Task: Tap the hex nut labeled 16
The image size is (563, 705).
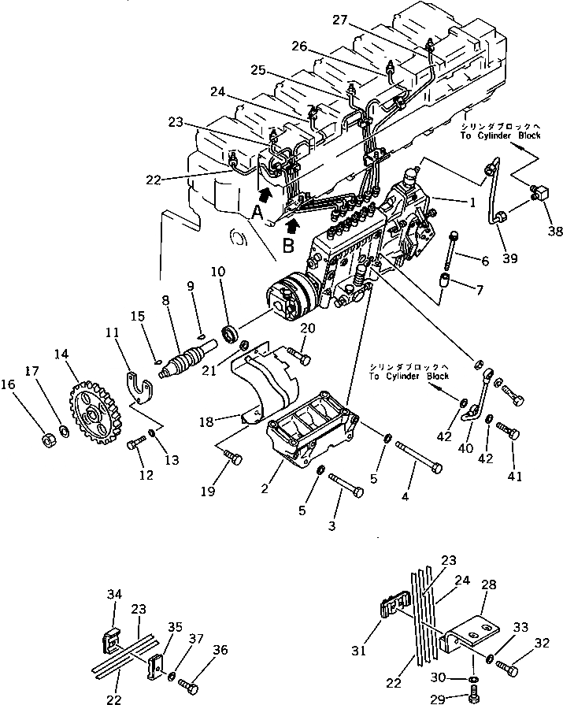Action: tap(46, 438)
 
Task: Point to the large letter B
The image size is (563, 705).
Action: tap(287, 244)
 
